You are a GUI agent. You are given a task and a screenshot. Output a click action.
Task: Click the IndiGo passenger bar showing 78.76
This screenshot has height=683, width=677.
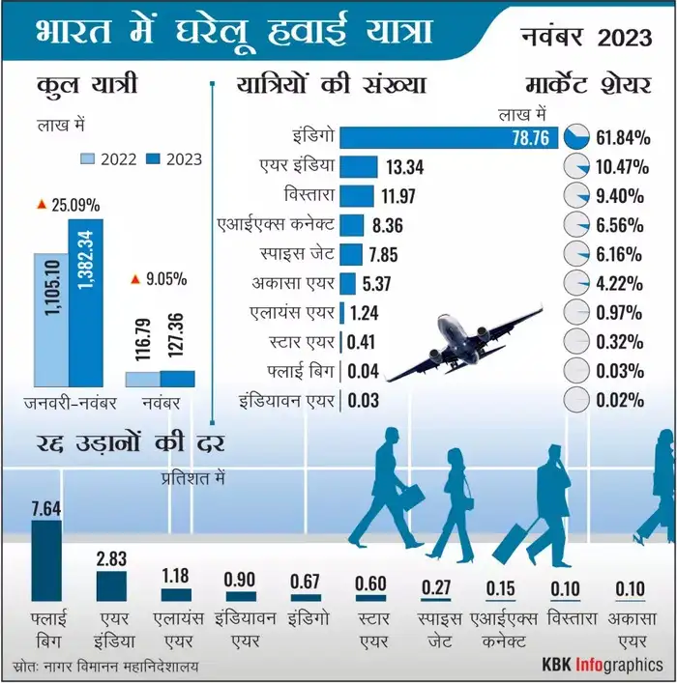[445, 137]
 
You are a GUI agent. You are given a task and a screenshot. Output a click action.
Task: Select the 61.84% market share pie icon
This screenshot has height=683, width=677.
[576, 137]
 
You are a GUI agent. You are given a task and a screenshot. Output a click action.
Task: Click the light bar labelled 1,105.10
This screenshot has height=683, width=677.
[50, 319]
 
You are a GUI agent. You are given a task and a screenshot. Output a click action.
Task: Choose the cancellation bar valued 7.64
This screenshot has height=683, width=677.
[46, 560]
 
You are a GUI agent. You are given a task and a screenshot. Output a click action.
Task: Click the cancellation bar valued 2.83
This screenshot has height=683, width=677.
[111, 585]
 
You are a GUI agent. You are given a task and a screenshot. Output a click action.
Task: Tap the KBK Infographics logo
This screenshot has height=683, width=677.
[602, 666]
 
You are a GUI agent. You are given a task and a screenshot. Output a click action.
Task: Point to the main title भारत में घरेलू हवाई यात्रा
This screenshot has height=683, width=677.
[232, 31]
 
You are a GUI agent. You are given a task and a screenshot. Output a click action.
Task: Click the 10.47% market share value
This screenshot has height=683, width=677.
[620, 167]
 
